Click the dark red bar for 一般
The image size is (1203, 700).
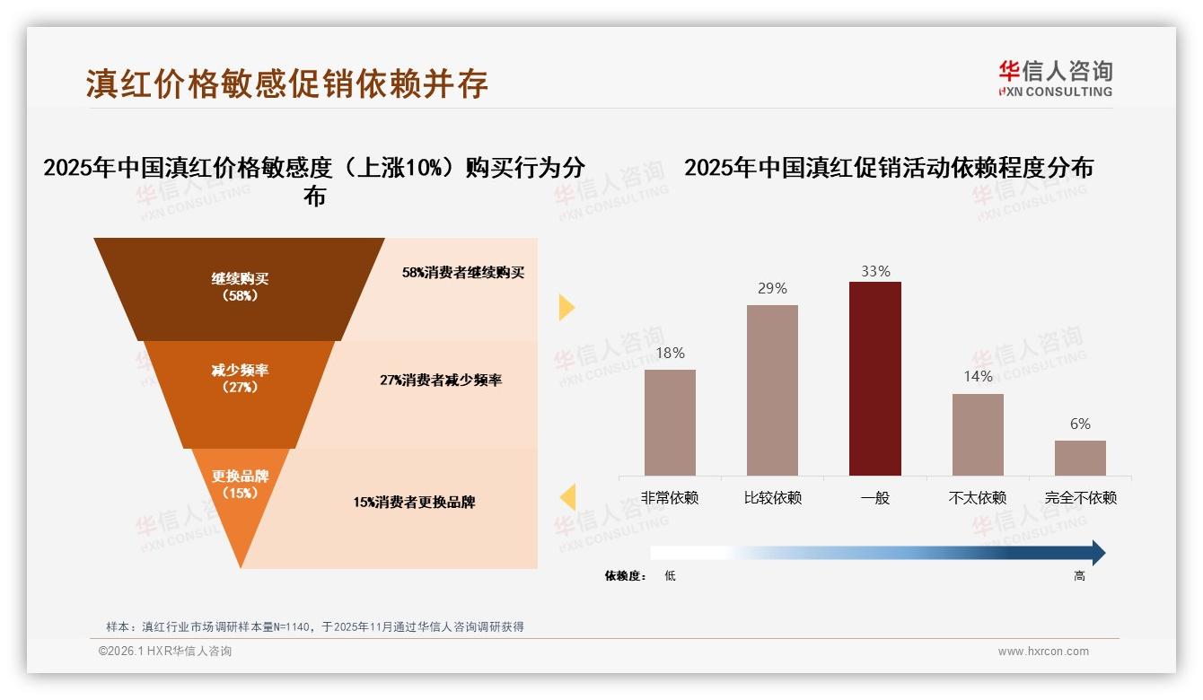coord(874,378)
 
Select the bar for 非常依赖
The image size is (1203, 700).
coord(670,422)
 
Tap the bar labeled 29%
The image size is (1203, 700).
coord(772,389)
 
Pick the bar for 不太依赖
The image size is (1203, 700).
coord(978,434)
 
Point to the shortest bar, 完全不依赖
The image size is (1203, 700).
coord(1080,458)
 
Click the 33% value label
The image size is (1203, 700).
coord(874,271)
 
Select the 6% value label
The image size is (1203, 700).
coord(1080,424)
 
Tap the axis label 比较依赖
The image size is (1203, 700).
coord(772,497)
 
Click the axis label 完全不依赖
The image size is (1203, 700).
coord(1080,497)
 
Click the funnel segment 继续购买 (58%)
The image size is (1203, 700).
coord(240,287)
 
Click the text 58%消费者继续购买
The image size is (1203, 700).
coord(462,273)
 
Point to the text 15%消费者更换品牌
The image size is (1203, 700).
coord(414,503)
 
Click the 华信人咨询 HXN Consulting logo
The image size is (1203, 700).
coord(1055,78)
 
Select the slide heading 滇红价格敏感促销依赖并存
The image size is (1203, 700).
coord(287,83)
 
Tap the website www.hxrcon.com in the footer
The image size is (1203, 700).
coord(1043,652)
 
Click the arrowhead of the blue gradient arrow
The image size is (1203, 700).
coord(1097,553)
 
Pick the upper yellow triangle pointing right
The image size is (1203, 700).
coord(566,307)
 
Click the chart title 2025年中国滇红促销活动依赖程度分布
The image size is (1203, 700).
coord(888,168)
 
